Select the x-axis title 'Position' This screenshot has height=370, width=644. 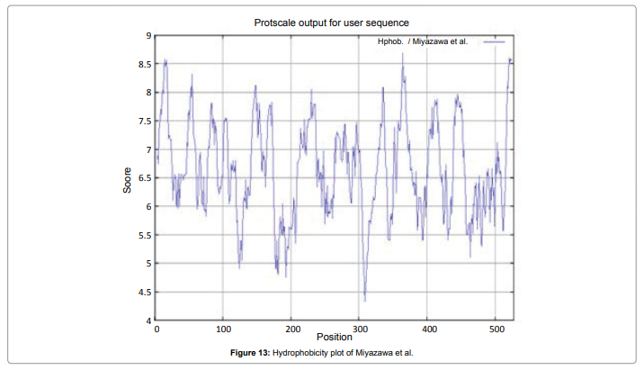point(335,337)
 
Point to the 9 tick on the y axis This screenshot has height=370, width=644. point(148,35)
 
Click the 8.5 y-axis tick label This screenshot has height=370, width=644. point(144,64)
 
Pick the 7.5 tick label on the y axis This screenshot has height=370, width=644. point(144,121)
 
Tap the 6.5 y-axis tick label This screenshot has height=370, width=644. point(144,178)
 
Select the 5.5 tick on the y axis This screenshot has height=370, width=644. point(144,235)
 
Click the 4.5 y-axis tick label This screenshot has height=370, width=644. point(144,292)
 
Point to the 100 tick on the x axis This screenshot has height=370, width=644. point(224,329)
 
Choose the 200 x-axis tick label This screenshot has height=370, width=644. point(292,329)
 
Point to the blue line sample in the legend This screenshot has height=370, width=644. point(494,42)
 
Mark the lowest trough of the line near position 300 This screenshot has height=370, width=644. point(364,301)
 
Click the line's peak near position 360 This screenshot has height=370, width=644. point(403,54)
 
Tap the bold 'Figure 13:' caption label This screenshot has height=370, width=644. point(246,353)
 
